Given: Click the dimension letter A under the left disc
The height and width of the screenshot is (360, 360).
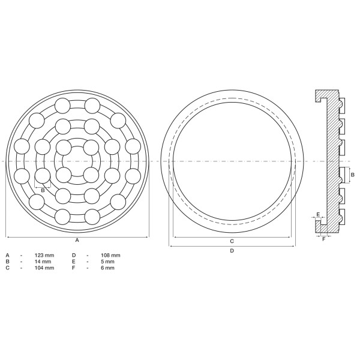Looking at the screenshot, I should (x=77, y=240).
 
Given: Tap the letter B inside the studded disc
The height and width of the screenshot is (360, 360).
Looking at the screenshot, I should (x=43, y=190).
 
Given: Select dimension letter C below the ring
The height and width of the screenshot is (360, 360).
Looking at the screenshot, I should (x=232, y=241).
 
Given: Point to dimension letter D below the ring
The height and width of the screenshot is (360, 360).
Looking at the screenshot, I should (x=232, y=251).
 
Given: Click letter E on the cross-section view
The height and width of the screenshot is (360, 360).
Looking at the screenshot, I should (x=317, y=214).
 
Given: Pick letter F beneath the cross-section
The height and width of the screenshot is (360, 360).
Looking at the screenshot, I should (x=324, y=239).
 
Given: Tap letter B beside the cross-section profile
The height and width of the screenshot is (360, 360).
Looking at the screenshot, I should (x=353, y=175).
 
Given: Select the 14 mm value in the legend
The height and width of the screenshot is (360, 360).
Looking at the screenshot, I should (x=44, y=262).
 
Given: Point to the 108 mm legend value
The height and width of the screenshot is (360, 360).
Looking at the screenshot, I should (x=111, y=256).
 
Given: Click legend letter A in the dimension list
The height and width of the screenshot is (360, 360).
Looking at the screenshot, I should (x=7, y=256).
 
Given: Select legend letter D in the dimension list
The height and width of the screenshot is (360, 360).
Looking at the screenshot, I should (x=73, y=256).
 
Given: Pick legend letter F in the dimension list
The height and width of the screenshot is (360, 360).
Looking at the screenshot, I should (x=73, y=268).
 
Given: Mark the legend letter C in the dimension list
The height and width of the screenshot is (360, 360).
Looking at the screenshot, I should (x=7, y=268).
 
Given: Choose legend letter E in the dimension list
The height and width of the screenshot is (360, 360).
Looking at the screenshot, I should (x=73, y=262).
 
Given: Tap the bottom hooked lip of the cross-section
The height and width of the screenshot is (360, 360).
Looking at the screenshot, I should (x=319, y=224).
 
